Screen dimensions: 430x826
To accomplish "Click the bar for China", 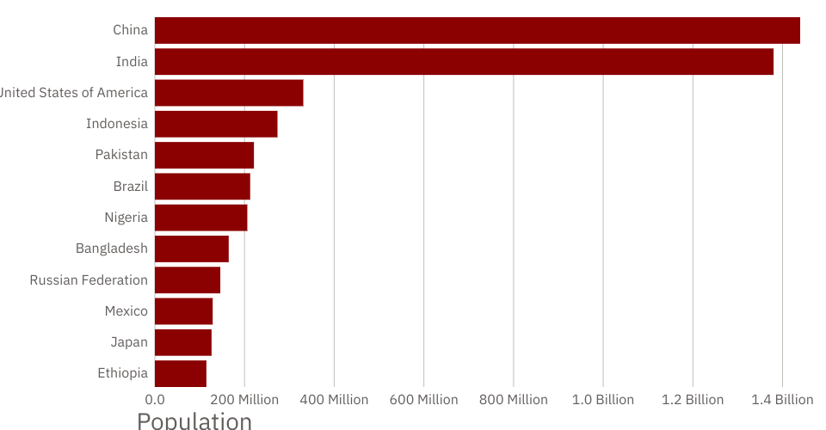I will [x=478, y=30].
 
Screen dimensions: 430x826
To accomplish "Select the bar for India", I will [x=464, y=62].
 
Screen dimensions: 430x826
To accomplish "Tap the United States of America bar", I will [x=229, y=93].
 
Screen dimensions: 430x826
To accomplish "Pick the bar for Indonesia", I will [x=216, y=124].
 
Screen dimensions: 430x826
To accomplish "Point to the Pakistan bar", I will [x=204, y=155].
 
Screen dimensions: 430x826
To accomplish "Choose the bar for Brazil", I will [x=202, y=187].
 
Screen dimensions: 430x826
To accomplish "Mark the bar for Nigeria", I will [x=200, y=218].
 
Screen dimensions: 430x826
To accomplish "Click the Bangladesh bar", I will [x=192, y=249].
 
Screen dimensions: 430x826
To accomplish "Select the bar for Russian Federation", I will [x=188, y=280].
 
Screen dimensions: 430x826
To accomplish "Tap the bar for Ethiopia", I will [x=181, y=373].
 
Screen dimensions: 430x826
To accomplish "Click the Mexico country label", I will [x=126, y=311].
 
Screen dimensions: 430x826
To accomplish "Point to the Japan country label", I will [x=129, y=342].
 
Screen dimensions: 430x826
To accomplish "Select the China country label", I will [x=130, y=30].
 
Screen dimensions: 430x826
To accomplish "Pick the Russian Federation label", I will [x=89, y=280].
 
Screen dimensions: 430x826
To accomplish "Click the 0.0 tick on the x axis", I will [x=155, y=400].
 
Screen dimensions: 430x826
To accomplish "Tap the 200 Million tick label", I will [x=244, y=400].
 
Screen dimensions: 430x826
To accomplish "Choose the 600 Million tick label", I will [x=423, y=400].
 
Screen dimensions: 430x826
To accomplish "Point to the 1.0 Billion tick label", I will [x=603, y=400].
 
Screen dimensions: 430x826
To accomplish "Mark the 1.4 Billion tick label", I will [x=782, y=400].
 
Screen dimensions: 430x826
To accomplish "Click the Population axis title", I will [x=194, y=421].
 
